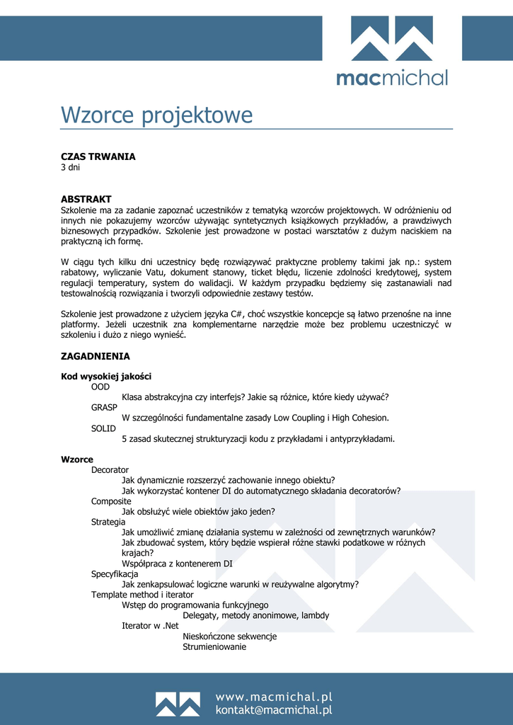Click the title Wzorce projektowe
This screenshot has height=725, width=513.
(156, 115)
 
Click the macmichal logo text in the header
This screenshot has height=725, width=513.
(392, 77)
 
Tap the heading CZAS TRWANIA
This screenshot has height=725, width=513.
(98, 156)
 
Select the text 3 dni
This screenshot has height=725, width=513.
(71, 168)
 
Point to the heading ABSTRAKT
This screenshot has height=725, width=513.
(86, 200)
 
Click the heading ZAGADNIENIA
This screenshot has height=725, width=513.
(96, 356)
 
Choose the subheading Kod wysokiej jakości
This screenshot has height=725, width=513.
(106, 377)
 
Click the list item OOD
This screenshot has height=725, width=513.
(100, 387)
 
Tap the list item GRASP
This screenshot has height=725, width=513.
(104, 408)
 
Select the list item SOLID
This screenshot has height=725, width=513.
(103, 428)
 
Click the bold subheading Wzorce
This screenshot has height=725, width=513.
(77, 459)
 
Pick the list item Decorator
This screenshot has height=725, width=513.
(110, 469)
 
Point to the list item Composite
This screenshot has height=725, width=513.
(111, 501)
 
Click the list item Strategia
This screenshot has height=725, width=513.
(108, 522)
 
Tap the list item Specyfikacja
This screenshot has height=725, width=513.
(115, 574)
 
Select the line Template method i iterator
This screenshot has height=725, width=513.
(142, 595)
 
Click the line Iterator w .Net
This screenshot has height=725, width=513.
(150, 626)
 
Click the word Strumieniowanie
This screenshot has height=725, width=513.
(214, 646)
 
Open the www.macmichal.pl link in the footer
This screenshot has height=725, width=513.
(273, 697)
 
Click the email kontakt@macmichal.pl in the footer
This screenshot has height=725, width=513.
(273, 710)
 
